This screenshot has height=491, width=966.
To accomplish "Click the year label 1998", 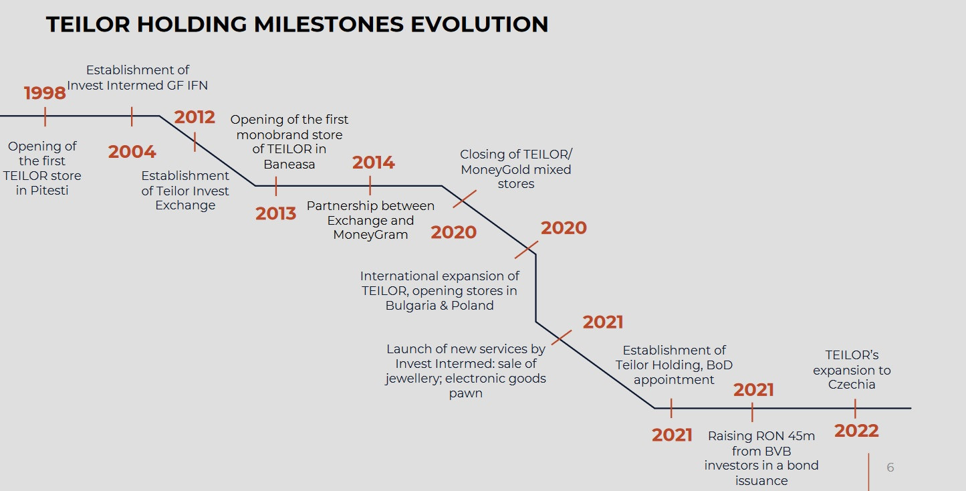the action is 45,93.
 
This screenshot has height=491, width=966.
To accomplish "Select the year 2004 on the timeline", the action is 132,152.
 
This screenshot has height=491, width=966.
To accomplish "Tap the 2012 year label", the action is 195,117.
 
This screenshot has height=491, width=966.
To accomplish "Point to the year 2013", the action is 275,213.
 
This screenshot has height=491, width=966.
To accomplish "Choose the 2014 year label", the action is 374,163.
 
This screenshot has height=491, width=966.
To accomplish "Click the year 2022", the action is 856,431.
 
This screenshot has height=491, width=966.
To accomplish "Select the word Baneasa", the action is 289,165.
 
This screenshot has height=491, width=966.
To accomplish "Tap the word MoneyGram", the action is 370,235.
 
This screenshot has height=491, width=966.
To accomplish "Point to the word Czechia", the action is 852,385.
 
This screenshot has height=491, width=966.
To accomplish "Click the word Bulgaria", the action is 410,306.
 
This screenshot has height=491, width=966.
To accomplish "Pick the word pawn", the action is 466,393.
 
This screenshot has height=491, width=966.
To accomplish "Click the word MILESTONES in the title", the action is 329,24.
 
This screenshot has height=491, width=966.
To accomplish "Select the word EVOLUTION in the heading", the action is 479,24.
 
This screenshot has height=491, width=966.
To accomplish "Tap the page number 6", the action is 890,468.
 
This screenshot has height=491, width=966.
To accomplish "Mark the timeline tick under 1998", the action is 45,116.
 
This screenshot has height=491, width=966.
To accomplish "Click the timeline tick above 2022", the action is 855,409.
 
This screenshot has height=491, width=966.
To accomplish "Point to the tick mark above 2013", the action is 276,187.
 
